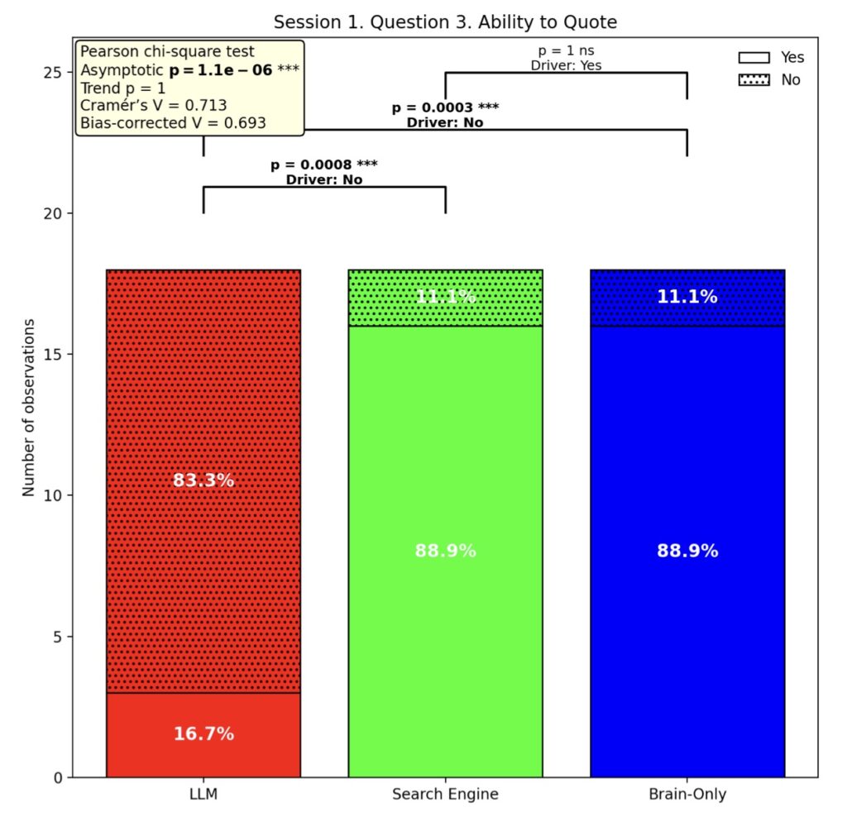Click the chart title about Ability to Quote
[x=445, y=21]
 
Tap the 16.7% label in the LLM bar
[x=203, y=733]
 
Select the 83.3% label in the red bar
[x=203, y=480]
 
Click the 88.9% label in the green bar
[x=445, y=551]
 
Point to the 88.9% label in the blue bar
[x=687, y=551]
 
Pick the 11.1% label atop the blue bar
[x=687, y=297]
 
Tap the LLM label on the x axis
[x=203, y=795]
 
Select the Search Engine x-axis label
[x=445, y=795]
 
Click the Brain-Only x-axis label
[x=687, y=795]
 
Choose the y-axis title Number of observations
[x=30, y=407]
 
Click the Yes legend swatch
[x=754, y=58]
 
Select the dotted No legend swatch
[x=754, y=80]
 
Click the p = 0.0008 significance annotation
[x=323, y=164]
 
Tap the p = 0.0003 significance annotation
[x=445, y=107]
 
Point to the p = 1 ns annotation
[x=566, y=50]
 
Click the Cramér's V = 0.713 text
[x=154, y=105]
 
